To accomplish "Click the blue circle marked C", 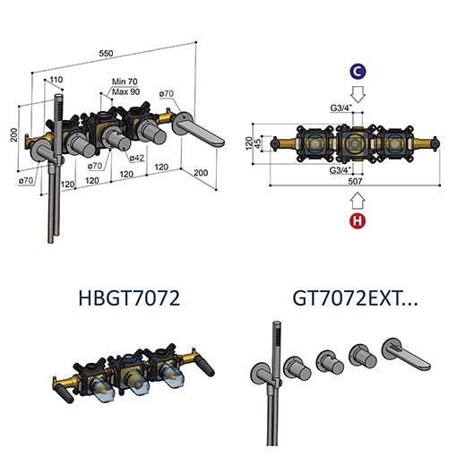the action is coord(358,72).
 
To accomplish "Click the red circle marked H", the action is coord(358,220).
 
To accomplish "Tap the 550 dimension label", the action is coord(106,54).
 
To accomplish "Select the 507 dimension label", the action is coord(355,181).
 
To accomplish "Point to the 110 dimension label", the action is coord(56,80).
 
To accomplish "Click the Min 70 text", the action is coord(125,82).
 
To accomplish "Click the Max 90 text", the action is coord(125,91).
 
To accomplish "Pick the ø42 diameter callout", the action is coord(136,158).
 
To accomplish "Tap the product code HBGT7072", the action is coord(129,297).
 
